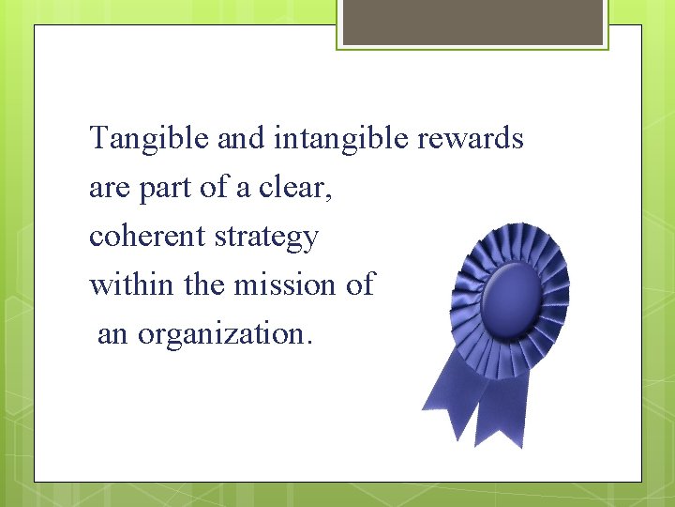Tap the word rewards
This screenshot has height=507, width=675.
coord(471,139)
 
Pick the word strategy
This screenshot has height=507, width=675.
coord(267,238)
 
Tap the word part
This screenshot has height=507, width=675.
coord(166,189)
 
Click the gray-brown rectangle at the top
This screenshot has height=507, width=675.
coord(472,22)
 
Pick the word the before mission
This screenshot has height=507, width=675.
coord(203,283)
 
